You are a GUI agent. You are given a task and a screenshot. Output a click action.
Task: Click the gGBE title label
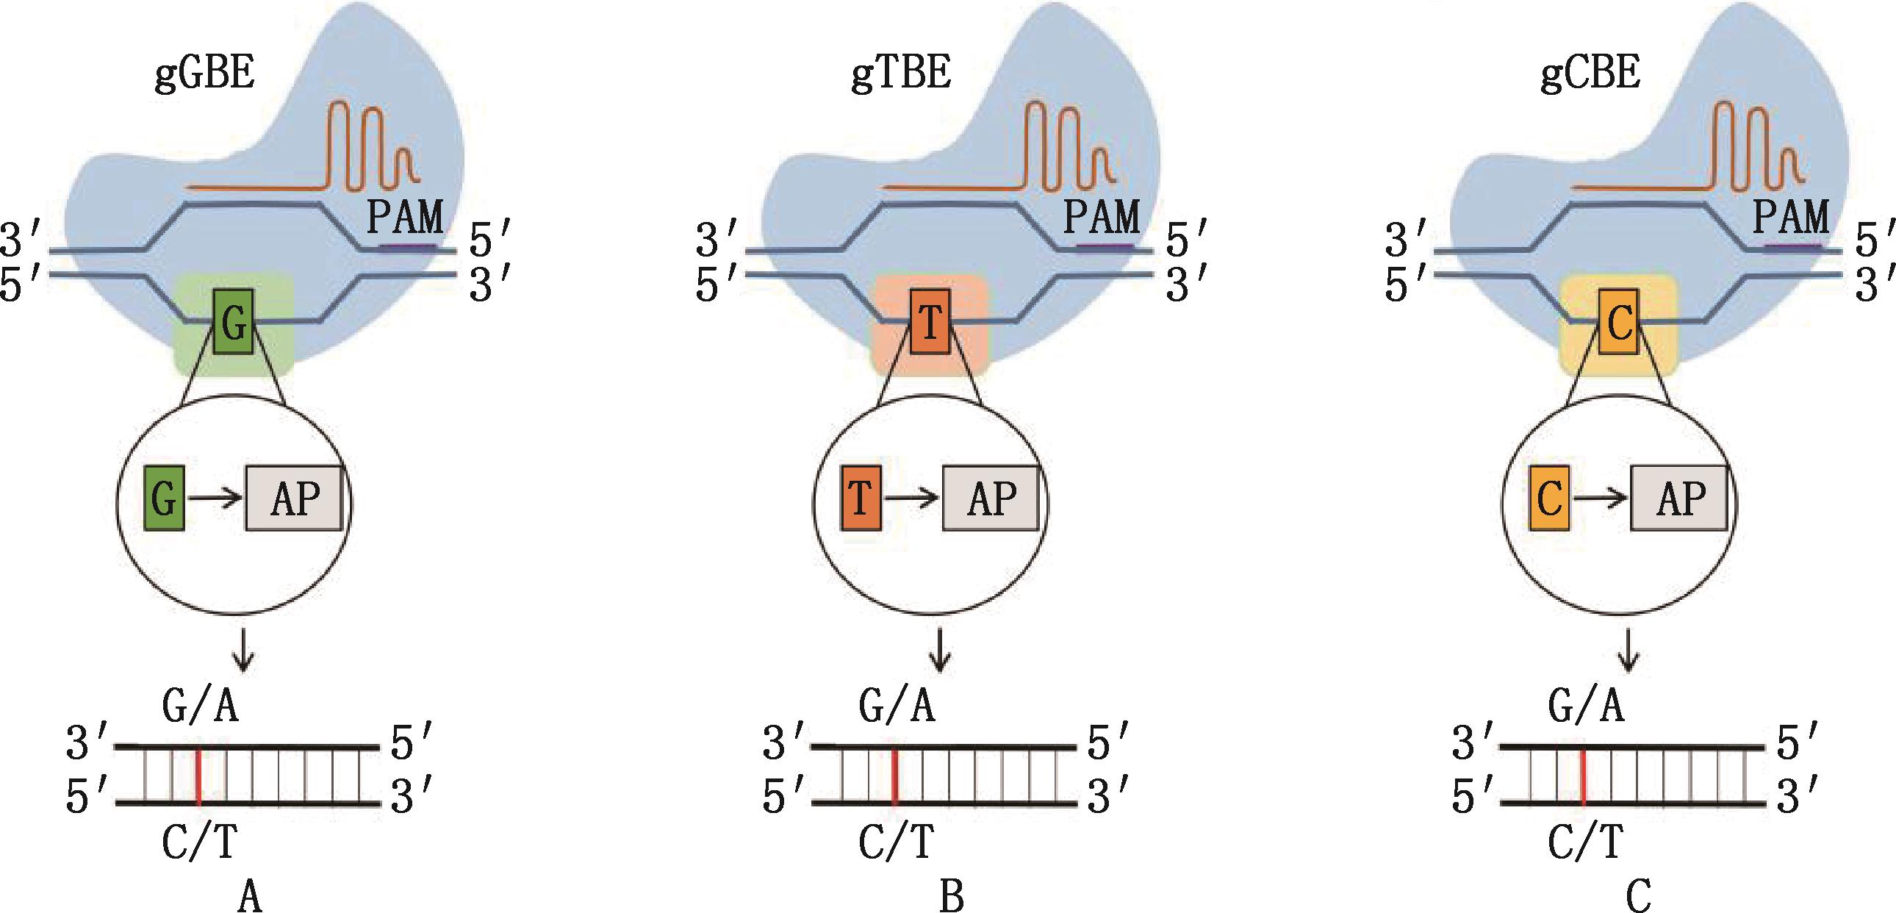click(204, 74)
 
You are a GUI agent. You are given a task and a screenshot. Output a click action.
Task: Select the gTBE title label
click(901, 74)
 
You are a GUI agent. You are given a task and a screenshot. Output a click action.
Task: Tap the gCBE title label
click(1590, 74)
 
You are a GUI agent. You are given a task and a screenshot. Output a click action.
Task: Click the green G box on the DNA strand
click(233, 322)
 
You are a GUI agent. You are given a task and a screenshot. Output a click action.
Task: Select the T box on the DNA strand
click(930, 322)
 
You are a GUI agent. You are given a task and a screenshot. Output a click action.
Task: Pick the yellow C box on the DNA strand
click(1619, 322)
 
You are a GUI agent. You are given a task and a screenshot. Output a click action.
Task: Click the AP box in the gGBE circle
click(295, 498)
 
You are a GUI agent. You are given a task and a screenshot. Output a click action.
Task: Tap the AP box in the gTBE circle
click(991, 498)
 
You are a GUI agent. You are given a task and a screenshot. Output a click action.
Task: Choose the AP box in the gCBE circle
click(1680, 498)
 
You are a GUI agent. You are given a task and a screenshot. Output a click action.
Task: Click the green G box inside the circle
click(164, 498)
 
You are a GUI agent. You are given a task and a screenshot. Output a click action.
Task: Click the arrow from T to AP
click(912, 498)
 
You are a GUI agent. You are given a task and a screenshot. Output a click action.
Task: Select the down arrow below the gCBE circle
click(1629, 650)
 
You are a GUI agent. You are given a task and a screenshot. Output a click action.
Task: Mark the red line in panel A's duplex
click(198, 776)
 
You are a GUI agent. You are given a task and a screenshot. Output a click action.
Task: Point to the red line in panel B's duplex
click(894, 776)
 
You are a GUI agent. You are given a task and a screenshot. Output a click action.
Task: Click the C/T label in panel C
click(1585, 842)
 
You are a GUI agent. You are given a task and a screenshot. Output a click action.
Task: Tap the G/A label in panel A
click(200, 707)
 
